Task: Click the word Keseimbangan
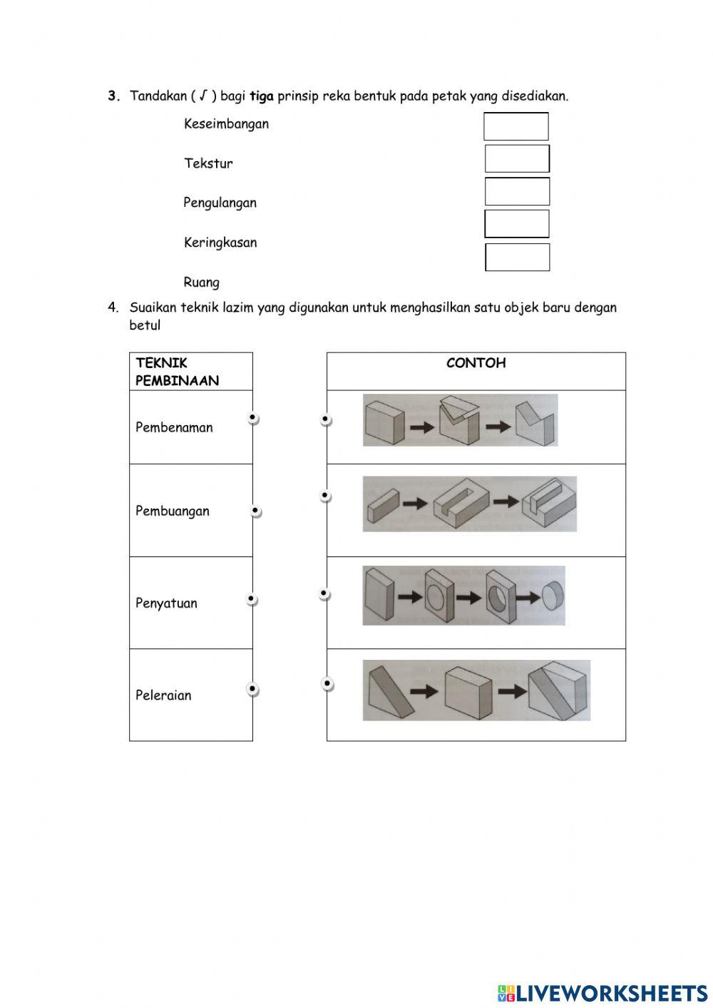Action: coord(226,124)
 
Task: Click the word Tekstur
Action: coord(208,163)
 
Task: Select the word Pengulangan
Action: coord(220,203)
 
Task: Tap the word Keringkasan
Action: coord(220,243)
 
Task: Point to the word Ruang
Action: coord(201,282)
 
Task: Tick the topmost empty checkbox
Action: coord(516,126)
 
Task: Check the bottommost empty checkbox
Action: coord(518,258)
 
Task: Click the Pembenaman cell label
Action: coord(174,427)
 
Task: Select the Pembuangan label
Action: coord(173,511)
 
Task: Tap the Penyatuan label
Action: coord(166,603)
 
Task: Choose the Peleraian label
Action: coord(163,695)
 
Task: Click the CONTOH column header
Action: coord(476,363)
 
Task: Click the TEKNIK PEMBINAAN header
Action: coord(177,372)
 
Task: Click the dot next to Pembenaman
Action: coord(252,418)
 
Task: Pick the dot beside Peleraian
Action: coord(252,689)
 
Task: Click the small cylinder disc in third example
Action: coord(552,595)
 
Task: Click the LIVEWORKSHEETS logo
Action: coord(602,992)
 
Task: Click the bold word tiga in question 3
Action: coord(262,96)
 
